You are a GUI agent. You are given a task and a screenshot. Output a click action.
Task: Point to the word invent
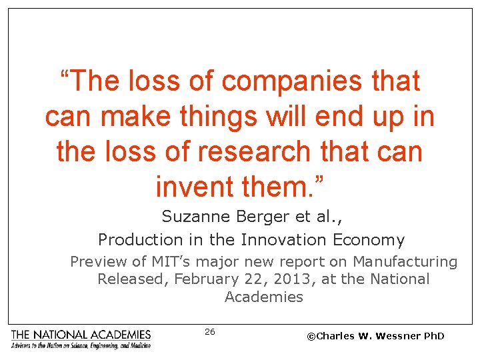[193, 186]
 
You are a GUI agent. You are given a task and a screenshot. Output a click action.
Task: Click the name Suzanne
[191, 217]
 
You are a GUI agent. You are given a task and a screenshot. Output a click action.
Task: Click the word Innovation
[282, 239]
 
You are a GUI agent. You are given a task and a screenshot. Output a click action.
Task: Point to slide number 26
[210, 331]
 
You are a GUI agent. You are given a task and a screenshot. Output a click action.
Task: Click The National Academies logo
[81, 339]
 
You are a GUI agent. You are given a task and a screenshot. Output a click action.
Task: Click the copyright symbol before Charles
[311, 336]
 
